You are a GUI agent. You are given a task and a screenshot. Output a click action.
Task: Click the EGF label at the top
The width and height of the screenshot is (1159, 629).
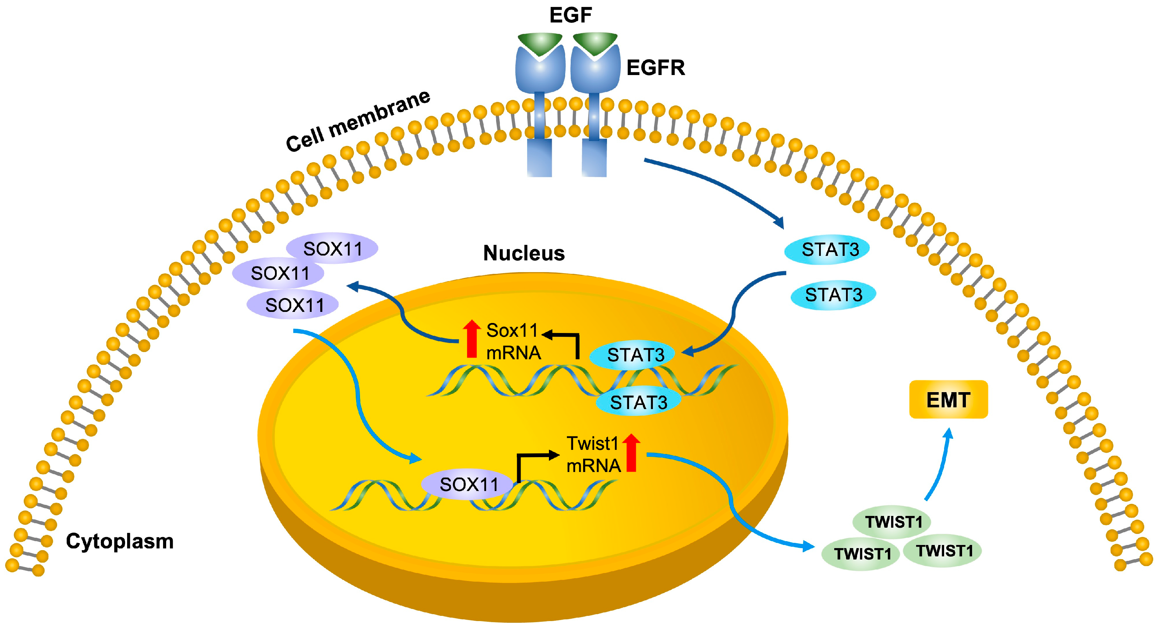[x=570, y=15]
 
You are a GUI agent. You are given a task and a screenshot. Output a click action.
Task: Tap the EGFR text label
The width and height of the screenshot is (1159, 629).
[x=656, y=68]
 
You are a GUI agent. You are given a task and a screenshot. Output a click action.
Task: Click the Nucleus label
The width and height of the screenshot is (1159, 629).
[x=524, y=253]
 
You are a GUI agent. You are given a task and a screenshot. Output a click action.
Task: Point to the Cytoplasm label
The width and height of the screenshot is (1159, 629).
[x=120, y=541]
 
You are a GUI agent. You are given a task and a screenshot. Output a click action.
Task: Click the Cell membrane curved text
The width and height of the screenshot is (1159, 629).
[x=358, y=121]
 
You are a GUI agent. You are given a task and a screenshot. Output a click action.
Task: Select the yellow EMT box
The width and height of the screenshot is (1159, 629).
[x=948, y=399]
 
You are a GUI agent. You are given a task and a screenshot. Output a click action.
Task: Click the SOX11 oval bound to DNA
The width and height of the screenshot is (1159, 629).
[x=468, y=484]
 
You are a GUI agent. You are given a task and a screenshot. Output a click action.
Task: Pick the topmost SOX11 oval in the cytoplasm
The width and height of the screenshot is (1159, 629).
[x=332, y=248]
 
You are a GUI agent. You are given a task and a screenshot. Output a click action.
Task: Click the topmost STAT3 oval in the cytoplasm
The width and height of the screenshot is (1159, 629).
[x=827, y=249]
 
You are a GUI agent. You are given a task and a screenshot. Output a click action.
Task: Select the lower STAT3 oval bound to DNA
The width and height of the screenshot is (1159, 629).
[x=638, y=401]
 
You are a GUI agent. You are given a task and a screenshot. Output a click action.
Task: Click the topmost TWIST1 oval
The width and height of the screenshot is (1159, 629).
[x=892, y=521]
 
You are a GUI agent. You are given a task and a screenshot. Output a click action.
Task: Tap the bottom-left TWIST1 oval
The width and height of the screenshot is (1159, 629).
[x=860, y=553]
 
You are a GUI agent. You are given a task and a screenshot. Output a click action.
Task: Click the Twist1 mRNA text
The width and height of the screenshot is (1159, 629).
[x=593, y=454]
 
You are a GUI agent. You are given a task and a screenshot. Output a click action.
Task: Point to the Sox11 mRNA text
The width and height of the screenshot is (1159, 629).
[x=513, y=342]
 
